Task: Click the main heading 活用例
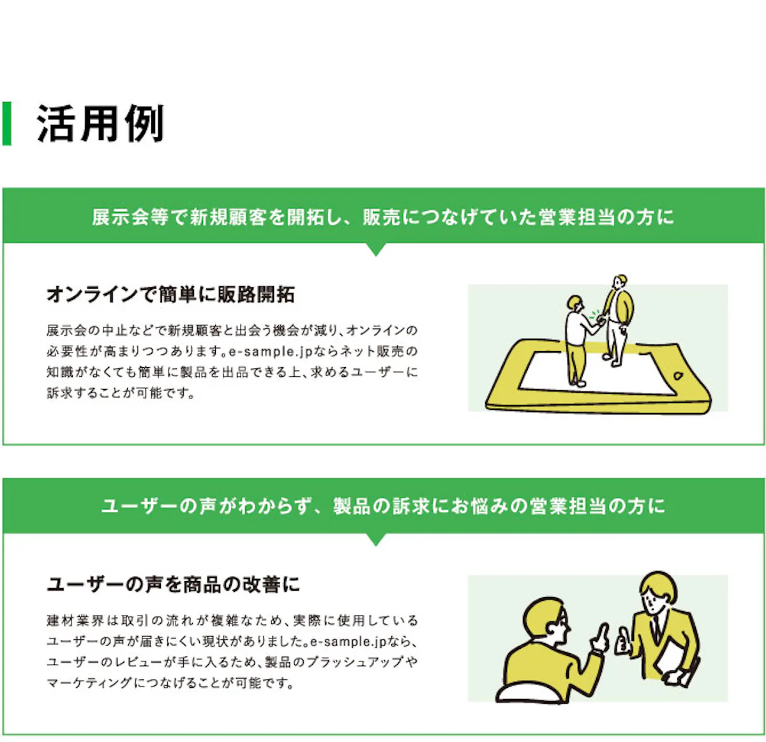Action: click(x=100, y=123)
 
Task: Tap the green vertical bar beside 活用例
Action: click(x=6, y=123)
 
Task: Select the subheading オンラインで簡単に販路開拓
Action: click(x=170, y=294)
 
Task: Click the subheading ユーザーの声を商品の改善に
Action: click(x=173, y=585)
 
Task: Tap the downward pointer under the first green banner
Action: click(x=375, y=249)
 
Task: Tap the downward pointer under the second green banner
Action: click(x=375, y=539)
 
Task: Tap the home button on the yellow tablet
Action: click(x=678, y=375)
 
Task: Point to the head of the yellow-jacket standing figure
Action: click(x=620, y=282)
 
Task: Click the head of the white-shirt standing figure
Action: click(x=574, y=303)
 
